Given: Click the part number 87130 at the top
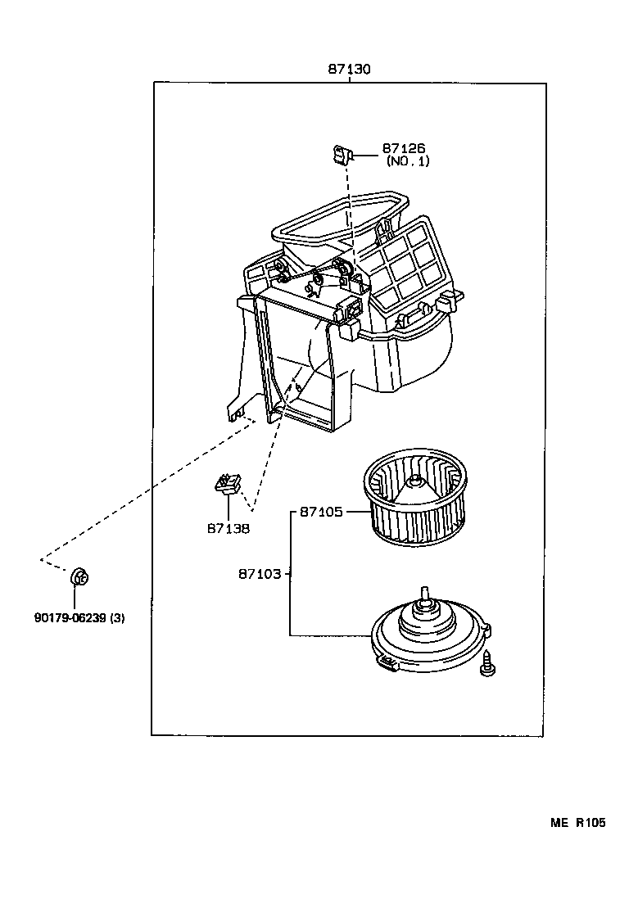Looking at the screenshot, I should (x=350, y=70).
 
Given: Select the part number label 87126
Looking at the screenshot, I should (x=403, y=149).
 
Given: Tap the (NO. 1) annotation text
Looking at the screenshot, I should (x=408, y=161).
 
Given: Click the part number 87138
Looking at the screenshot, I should (x=228, y=528).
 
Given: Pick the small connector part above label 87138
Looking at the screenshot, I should (x=227, y=485).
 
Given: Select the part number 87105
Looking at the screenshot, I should (x=320, y=513).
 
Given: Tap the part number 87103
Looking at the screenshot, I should (x=260, y=574).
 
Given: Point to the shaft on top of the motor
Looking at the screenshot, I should (x=424, y=597).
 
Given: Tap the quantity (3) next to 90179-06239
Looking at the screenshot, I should (x=117, y=617).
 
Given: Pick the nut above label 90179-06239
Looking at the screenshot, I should (x=79, y=577).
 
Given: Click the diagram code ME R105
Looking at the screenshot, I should (x=577, y=823).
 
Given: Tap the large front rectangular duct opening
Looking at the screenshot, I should (x=299, y=360).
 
